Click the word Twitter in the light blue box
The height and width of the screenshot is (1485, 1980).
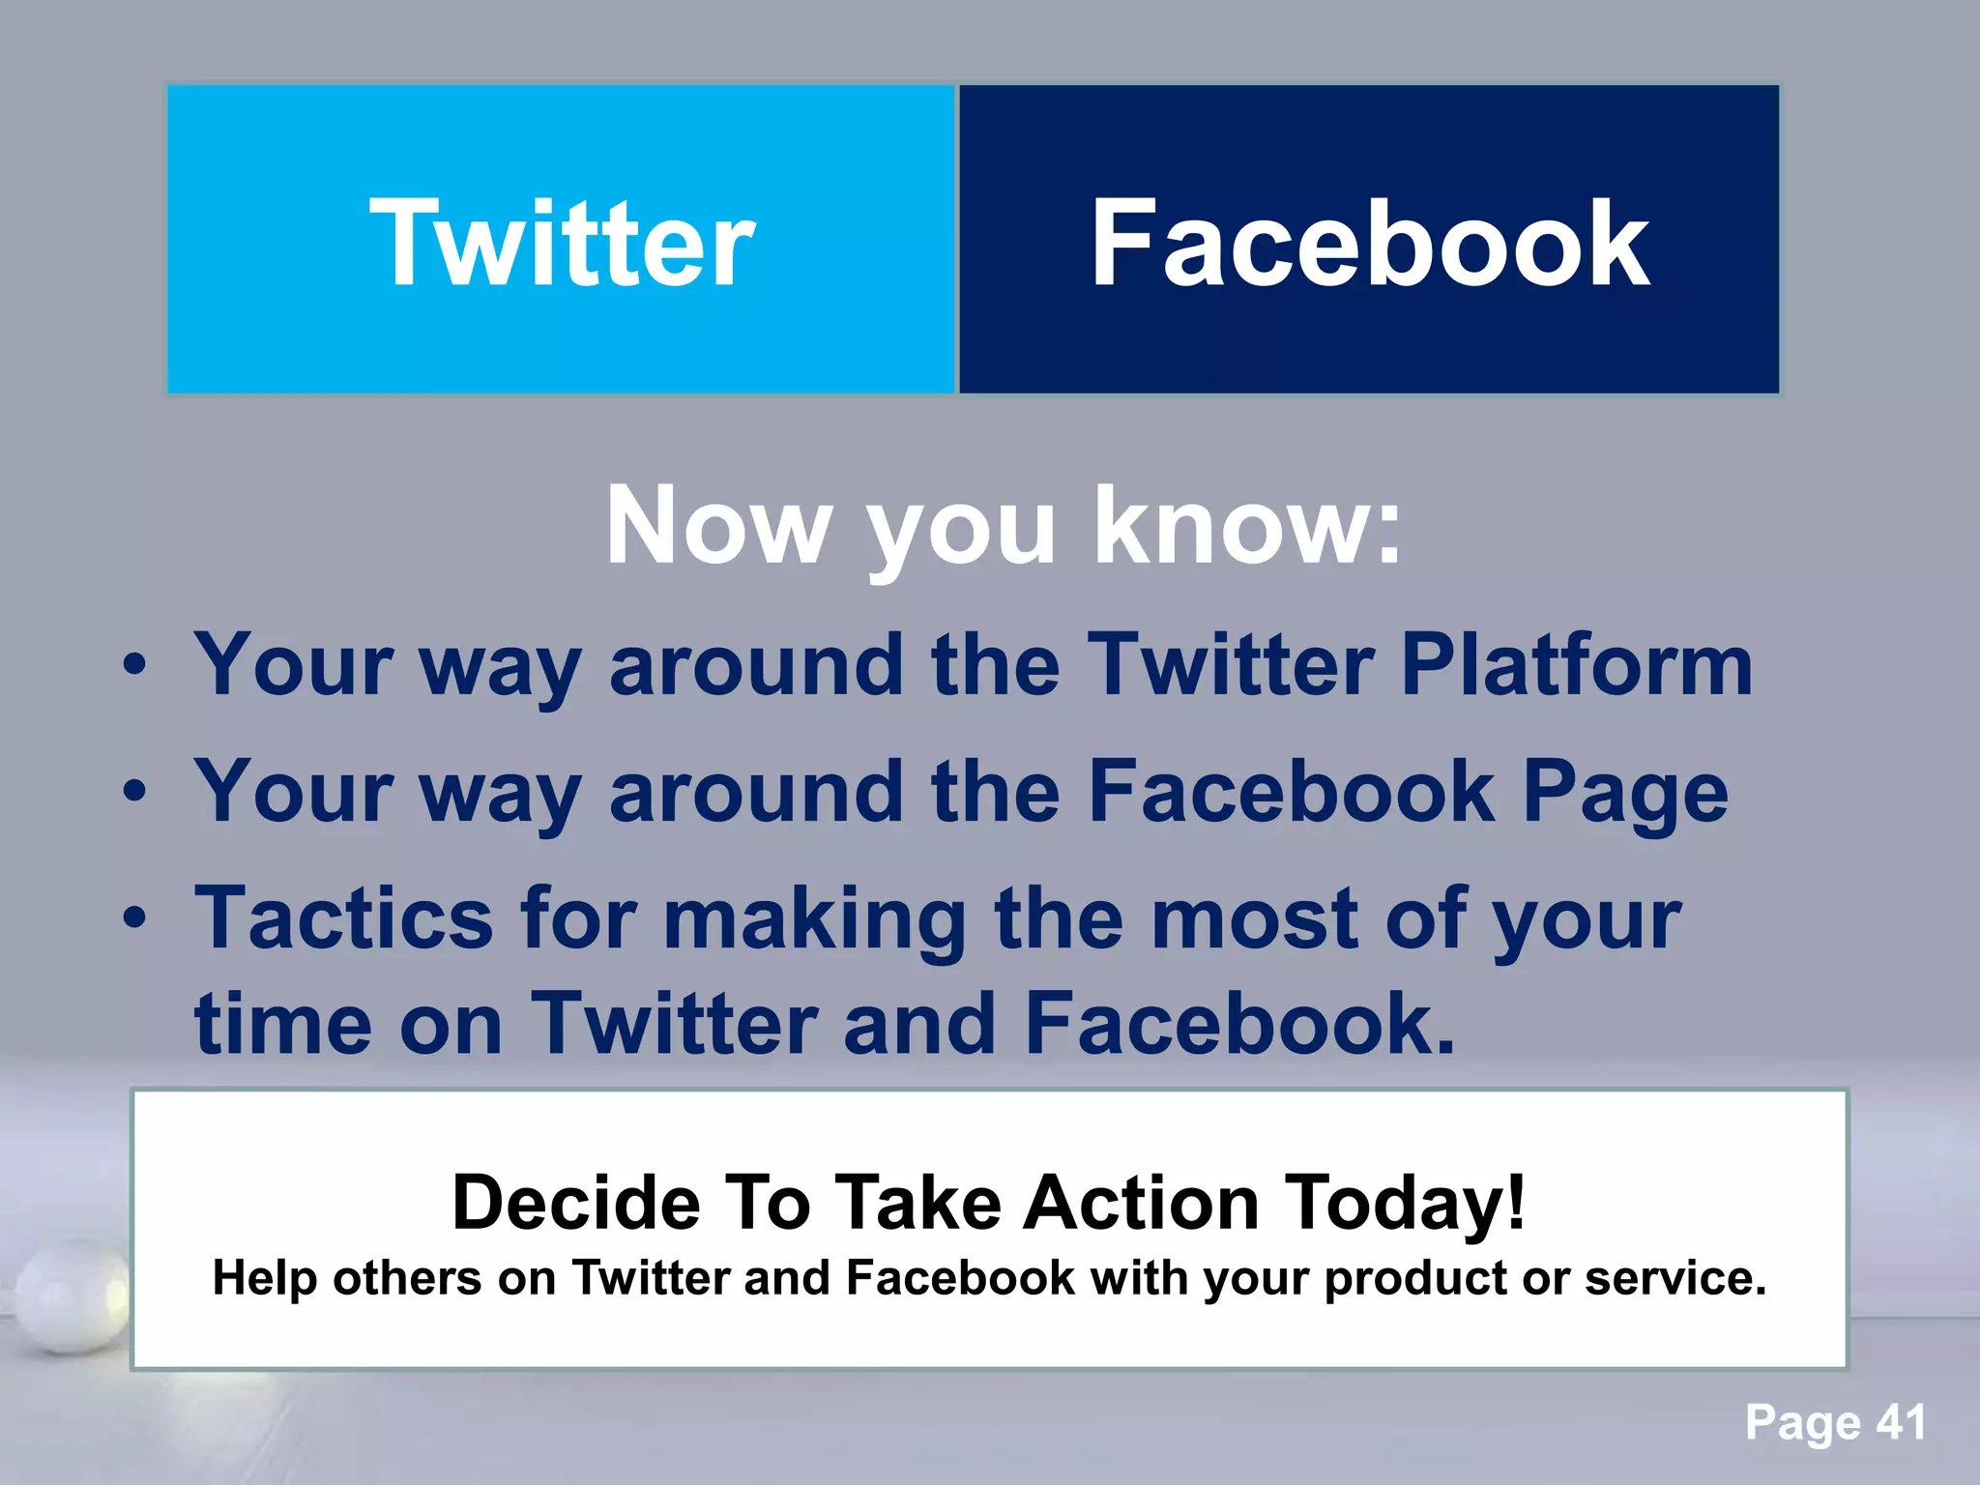tap(562, 243)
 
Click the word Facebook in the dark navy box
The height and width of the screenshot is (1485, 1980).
tap(1370, 243)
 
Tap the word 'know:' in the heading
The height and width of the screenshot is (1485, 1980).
tap(1247, 526)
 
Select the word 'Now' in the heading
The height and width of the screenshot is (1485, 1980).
tap(717, 526)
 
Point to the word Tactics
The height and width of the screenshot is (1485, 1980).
tap(344, 918)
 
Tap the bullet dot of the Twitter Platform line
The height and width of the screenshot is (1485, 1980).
tap(135, 664)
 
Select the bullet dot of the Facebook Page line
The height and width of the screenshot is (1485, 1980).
tap(135, 791)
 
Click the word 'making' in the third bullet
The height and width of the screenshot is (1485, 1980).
tap(814, 918)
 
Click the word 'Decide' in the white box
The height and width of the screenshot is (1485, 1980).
tap(576, 1203)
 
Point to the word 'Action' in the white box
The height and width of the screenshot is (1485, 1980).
tap(1142, 1203)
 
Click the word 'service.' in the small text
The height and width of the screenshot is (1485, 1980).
tap(1675, 1278)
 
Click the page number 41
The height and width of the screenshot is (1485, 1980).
tap(1901, 1422)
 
